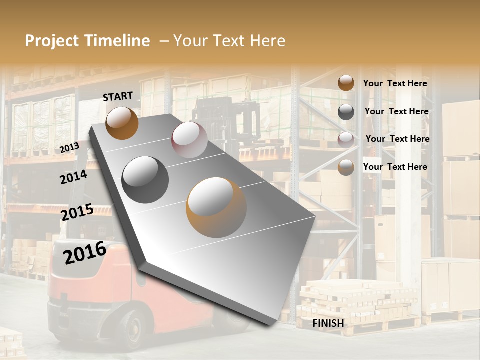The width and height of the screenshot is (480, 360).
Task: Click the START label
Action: (x=118, y=96)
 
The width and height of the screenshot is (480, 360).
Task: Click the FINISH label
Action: (x=328, y=323)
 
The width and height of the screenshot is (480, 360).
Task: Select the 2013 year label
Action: (x=69, y=148)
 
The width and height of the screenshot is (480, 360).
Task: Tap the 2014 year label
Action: (x=73, y=177)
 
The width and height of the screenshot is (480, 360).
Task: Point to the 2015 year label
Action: (x=77, y=212)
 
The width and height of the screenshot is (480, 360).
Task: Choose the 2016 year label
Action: (x=85, y=252)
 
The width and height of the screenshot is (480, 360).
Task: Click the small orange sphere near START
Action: (x=122, y=123)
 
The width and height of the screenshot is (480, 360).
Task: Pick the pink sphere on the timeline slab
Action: (x=189, y=140)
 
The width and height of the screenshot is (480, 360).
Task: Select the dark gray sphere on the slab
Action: (x=145, y=180)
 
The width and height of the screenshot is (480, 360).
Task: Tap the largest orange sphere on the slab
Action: (x=216, y=207)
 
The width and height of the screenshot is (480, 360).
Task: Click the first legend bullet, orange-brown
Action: (x=346, y=83)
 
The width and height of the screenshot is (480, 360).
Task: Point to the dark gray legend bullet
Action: (x=346, y=112)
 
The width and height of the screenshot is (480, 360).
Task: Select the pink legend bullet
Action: (x=346, y=139)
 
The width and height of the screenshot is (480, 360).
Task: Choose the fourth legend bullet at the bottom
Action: (x=346, y=167)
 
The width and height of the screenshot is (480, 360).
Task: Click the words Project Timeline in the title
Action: (x=87, y=41)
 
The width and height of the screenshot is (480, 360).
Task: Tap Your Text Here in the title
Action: (x=229, y=41)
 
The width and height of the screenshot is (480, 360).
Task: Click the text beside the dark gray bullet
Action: (x=396, y=111)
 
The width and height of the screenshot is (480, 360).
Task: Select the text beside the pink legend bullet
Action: (x=397, y=139)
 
